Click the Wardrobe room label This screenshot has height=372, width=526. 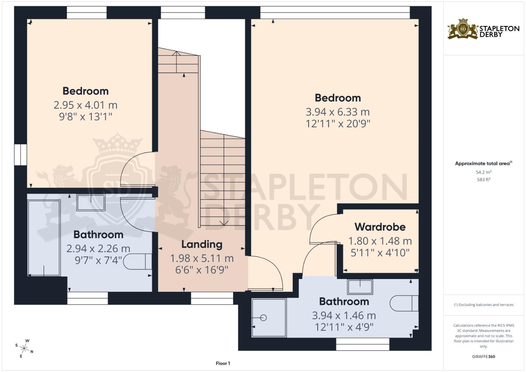[x=380, y=227]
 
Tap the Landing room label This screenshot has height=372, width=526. [x=202, y=244]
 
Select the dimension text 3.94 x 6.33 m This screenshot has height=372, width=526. [x=338, y=112]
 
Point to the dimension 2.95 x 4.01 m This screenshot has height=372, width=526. [x=85, y=105]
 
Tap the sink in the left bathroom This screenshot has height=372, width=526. [x=91, y=203]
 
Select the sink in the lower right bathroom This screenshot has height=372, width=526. [x=360, y=287]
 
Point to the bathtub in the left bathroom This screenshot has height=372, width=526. [x=44, y=238]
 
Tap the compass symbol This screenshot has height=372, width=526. [x=25, y=348]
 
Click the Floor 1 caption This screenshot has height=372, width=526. [x=223, y=363]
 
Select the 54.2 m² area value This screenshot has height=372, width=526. [x=484, y=172]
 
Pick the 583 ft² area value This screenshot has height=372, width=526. [x=484, y=180]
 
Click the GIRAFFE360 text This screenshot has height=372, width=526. [x=484, y=356]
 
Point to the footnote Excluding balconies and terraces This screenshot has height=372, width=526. [x=484, y=305]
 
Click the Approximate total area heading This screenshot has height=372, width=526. [x=483, y=164]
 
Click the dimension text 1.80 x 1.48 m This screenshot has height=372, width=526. [x=380, y=241]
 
